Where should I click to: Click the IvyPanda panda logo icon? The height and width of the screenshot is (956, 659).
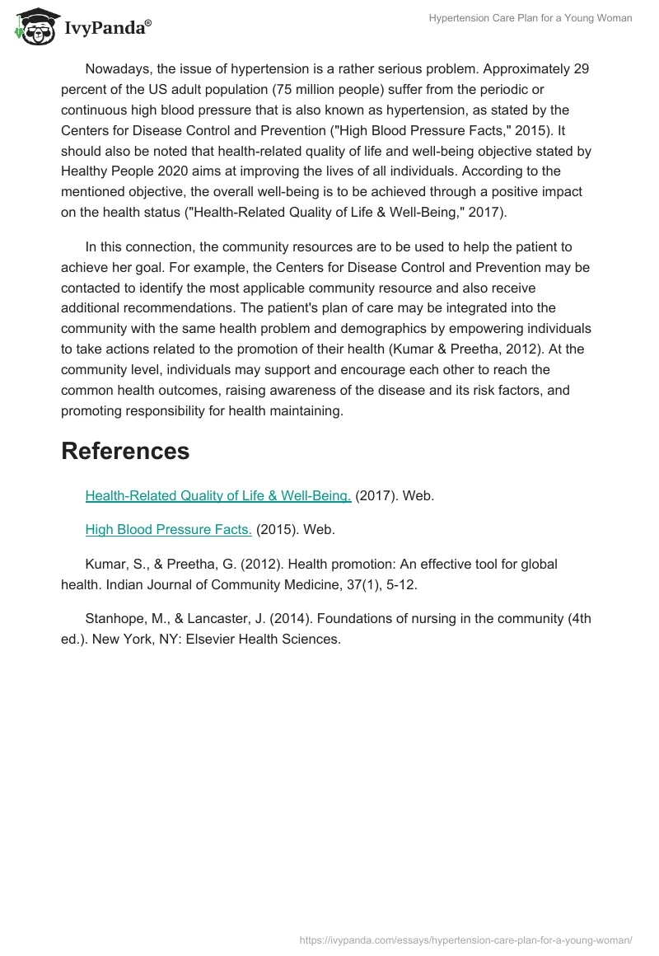(34, 27)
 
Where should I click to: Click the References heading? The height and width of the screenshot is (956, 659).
(125, 451)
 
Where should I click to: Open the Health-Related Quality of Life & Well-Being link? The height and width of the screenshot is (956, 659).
(218, 495)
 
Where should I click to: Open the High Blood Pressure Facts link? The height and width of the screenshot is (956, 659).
(169, 529)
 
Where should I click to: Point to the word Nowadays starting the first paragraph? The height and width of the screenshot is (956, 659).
(115, 68)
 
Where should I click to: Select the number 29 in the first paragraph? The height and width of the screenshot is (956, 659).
(581, 68)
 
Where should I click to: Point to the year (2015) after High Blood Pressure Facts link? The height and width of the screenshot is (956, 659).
(278, 529)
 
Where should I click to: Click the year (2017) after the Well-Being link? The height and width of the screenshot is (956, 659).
(376, 495)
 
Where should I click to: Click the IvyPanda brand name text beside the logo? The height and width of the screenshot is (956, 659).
(107, 29)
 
